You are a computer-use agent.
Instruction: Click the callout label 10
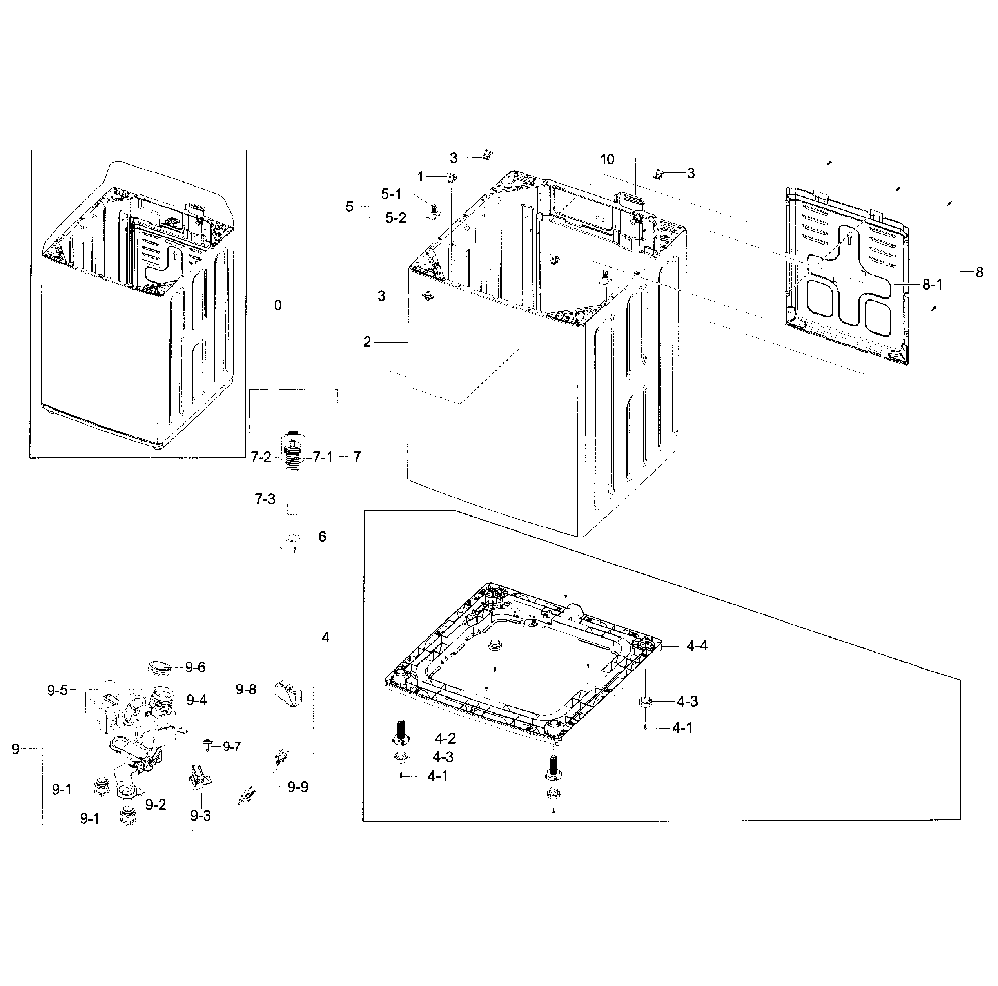608,159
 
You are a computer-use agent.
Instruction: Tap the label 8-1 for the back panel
933,285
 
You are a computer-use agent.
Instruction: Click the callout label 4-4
697,645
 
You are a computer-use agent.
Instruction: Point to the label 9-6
195,668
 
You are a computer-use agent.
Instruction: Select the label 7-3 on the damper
265,499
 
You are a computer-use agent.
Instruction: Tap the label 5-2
396,218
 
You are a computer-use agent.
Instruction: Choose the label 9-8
246,689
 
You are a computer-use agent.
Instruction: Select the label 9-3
200,816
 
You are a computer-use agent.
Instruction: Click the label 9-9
298,787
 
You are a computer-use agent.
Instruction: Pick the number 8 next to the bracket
980,272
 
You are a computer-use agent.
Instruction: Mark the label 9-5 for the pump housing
57,691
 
